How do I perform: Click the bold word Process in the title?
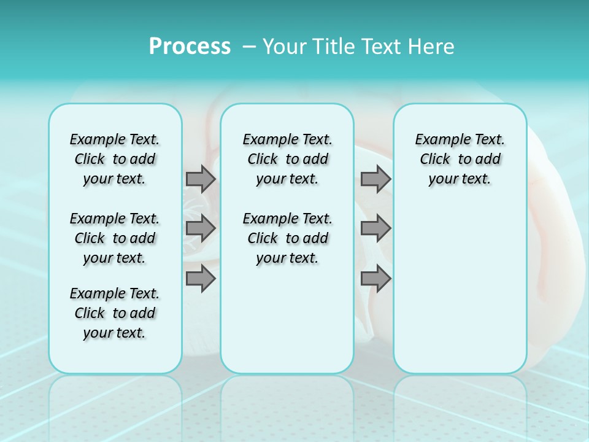coord(190,47)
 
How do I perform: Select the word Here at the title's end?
coord(430,47)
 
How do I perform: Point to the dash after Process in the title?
coord(249,47)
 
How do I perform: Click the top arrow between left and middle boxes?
coord(201,179)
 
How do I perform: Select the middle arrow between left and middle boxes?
coord(201,228)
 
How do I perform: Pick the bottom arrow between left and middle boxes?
coord(201,279)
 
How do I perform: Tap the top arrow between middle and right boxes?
coord(375,179)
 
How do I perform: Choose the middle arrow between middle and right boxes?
coord(375,228)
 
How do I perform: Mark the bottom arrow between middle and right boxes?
coord(375,279)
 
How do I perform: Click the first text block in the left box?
coord(115,159)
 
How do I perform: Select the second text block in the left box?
coord(115,238)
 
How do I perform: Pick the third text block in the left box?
coord(115,313)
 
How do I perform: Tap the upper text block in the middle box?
coord(287,159)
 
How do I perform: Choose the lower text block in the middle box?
coord(287,238)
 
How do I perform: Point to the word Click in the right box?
coord(435,160)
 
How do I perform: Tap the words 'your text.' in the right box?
coord(460,179)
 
